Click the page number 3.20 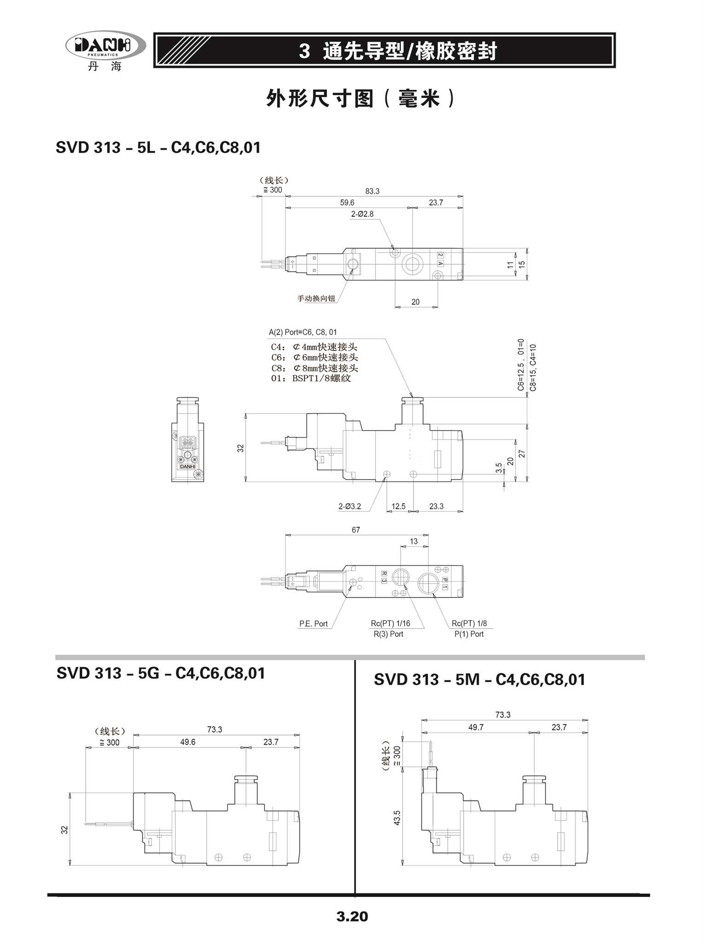pos(352,916)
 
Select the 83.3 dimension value pos(372,191)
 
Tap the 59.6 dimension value pos(347,203)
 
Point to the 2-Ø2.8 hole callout pos(362,214)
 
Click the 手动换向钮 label pos(316,299)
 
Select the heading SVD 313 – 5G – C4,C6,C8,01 pos(161,673)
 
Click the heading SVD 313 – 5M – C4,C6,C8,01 pos(479,680)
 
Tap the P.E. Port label pos(313,624)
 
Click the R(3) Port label pos(388,634)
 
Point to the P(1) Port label pos(469,634)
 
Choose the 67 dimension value pos(356,530)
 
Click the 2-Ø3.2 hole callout pos(350,507)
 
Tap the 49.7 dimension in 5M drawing pos(476,727)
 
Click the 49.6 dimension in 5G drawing pos(188,742)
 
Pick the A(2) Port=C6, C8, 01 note pos(303,332)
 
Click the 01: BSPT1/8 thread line pos(311,378)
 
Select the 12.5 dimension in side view pos(398,506)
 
